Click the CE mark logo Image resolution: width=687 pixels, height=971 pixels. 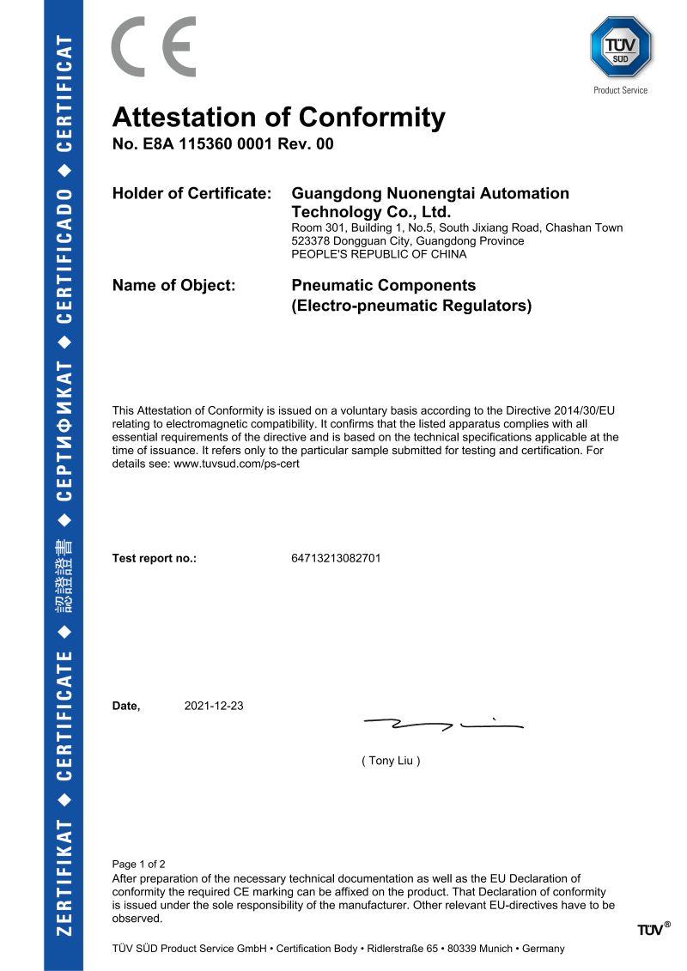(x=154, y=47)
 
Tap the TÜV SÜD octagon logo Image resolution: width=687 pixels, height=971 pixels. (x=621, y=47)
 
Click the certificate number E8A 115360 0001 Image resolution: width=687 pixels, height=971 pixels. (x=212, y=144)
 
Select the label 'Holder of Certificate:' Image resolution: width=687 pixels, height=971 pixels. (x=192, y=194)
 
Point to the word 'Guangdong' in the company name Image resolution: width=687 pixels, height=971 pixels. (x=338, y=194)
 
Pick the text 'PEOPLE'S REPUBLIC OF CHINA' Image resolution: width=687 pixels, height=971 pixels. (x=380, y=254)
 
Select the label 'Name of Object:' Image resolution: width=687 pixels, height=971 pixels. (x=173, y=285)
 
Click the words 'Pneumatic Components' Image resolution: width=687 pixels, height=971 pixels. (x=384, y=285)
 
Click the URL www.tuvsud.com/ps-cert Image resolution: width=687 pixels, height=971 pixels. (x=236, y=464)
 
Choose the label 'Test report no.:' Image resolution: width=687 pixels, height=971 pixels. (x=155, y=558)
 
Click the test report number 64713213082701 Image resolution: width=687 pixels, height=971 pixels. (x=337, y=558)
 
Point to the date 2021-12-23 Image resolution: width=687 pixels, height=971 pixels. (x=214, y=706)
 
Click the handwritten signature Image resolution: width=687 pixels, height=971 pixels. (x=442, y=725)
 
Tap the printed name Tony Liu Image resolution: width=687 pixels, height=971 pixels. (x=392, y=761)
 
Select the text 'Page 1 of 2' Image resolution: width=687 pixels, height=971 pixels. (x=139, y=864)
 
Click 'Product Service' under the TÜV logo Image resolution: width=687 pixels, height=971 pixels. (x=621, y=90)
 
